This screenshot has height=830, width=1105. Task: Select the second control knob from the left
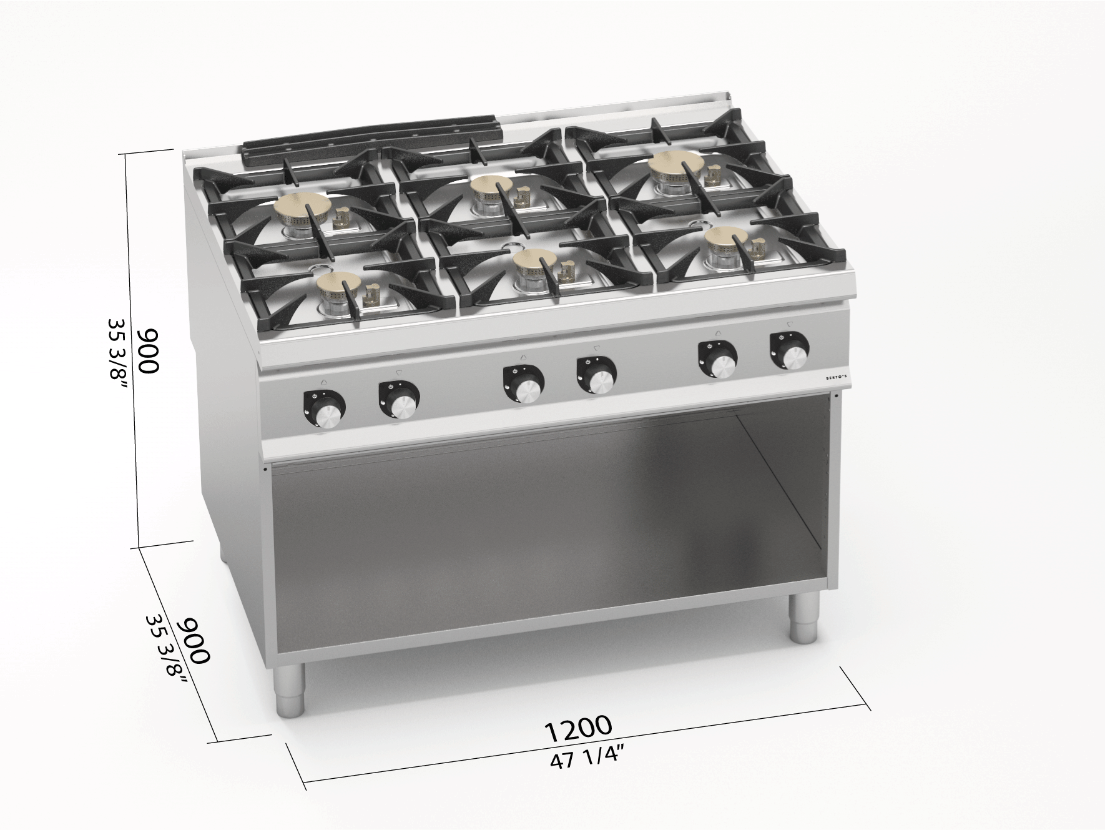coord(399,400)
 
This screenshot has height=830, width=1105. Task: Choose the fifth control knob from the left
coord(717,358)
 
